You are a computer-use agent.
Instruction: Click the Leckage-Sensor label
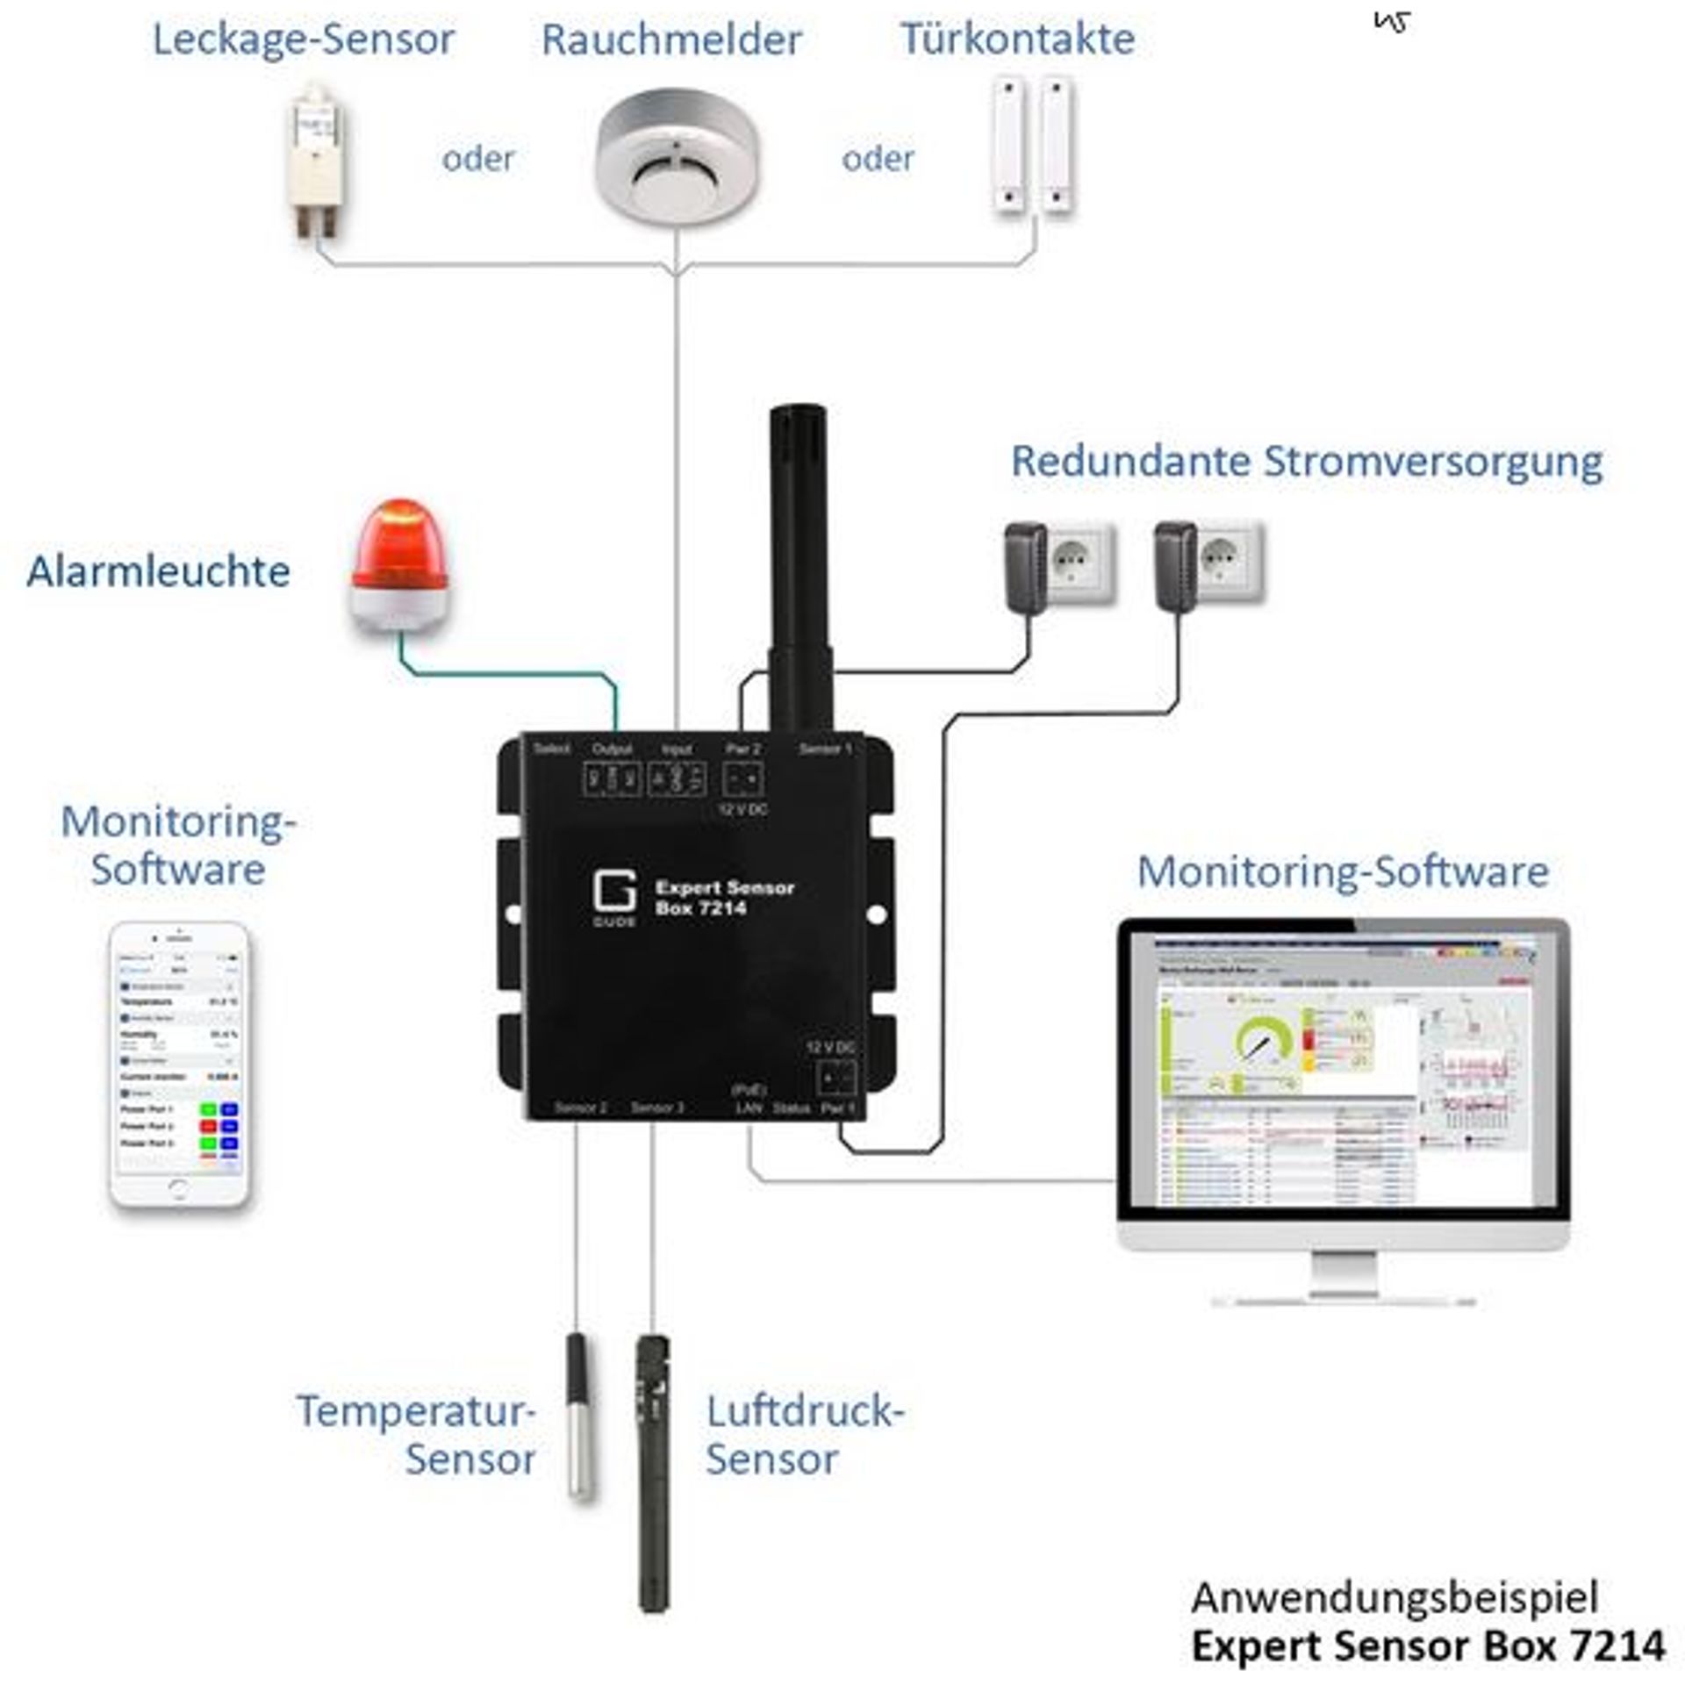303,39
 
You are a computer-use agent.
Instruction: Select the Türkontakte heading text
1017,39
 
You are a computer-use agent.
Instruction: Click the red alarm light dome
400,542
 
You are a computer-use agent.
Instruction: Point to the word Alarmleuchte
159,571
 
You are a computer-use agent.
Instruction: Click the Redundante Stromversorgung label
1306,462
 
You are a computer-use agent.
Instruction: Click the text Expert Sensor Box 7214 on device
724,897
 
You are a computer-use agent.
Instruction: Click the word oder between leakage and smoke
477,159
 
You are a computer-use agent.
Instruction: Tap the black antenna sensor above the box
798,562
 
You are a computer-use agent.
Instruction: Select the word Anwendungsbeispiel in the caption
1395,1598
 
